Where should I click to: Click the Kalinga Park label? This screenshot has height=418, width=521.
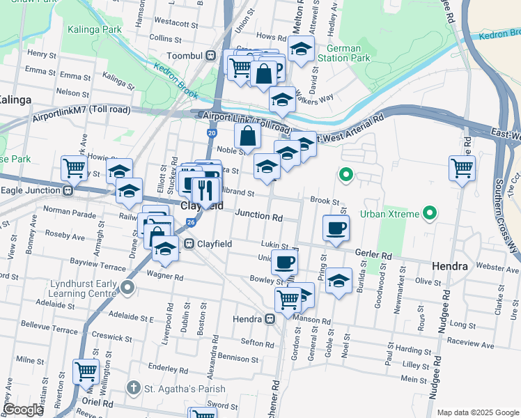click(95, 29)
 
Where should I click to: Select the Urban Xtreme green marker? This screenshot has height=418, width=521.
click(430, 212)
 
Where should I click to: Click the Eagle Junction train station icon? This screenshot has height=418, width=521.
click(68, 190)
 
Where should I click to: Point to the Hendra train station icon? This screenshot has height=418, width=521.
click(270, 319)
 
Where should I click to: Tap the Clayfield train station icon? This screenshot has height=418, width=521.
click(189, 244)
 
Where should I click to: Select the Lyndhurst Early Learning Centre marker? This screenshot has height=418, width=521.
click(127, 287)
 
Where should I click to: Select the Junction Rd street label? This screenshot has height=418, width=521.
click(258, 216)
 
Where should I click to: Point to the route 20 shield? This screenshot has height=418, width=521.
click(212, 132)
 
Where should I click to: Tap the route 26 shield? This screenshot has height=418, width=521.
click(190, 223)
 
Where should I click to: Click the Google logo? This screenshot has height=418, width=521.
click(24, 410)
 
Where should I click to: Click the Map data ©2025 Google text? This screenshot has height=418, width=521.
click(477, 412)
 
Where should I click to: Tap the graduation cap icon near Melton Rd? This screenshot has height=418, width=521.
click(300, 49)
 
